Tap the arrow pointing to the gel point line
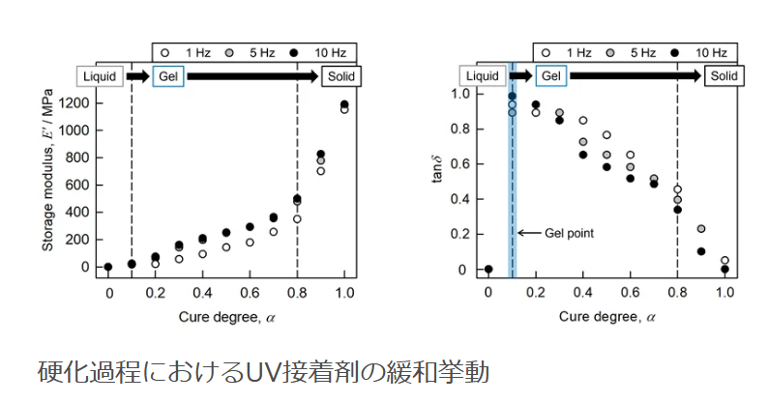[529, 233]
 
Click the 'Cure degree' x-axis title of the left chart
[225, 316]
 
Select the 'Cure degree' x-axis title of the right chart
[606, 316]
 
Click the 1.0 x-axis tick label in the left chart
[343, 292]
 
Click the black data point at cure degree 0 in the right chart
[488, 270]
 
